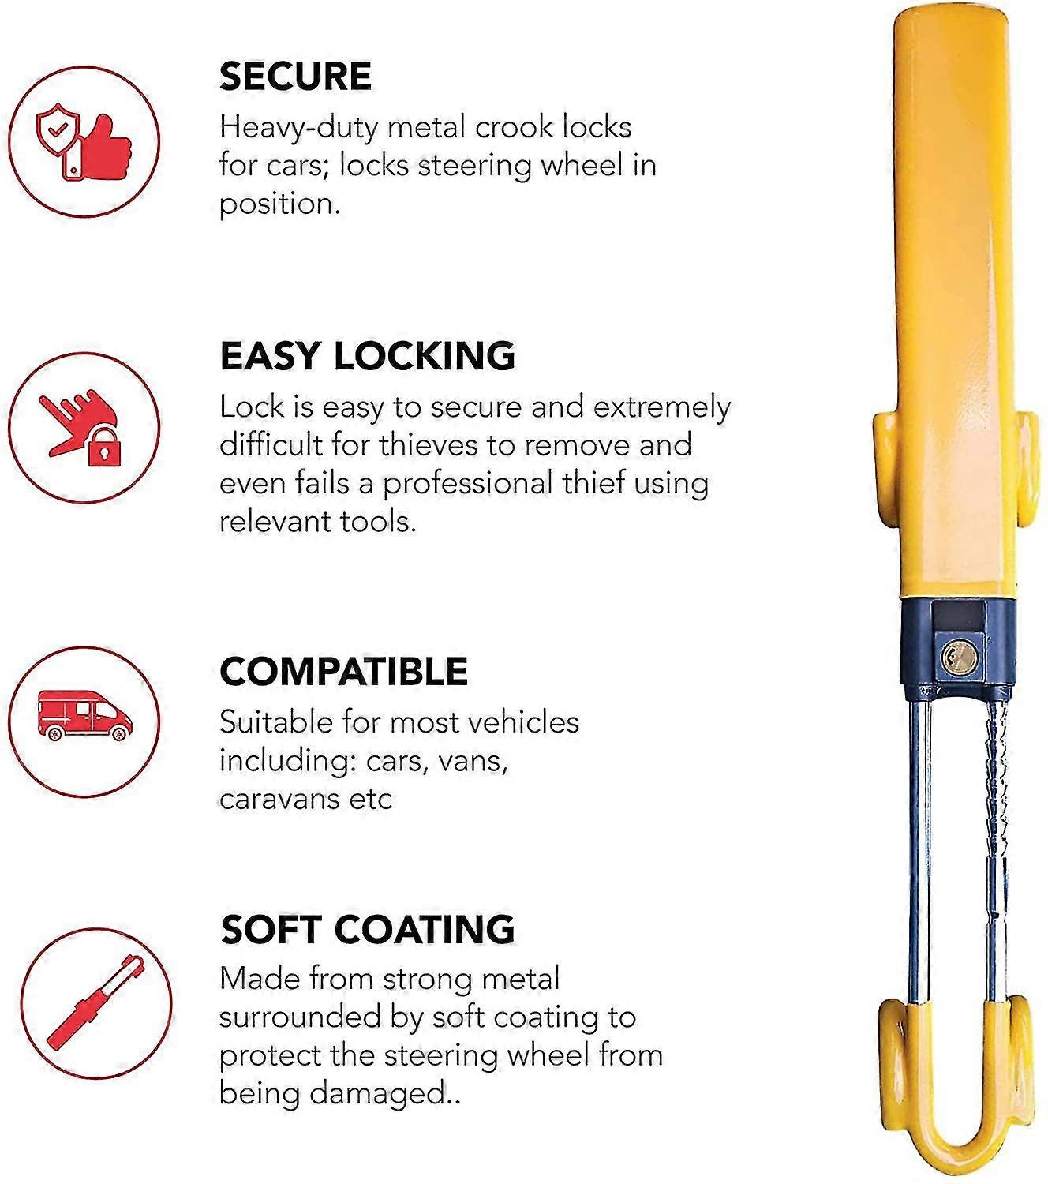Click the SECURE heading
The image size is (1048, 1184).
click(x=295, y=77)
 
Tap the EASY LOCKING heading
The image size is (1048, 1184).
click(x=367, y=356)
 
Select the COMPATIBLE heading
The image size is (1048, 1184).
click(x=343, y=672)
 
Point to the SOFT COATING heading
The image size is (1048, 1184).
click(x=367, y=929)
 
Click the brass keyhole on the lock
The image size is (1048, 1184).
click(x=960, y=654)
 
